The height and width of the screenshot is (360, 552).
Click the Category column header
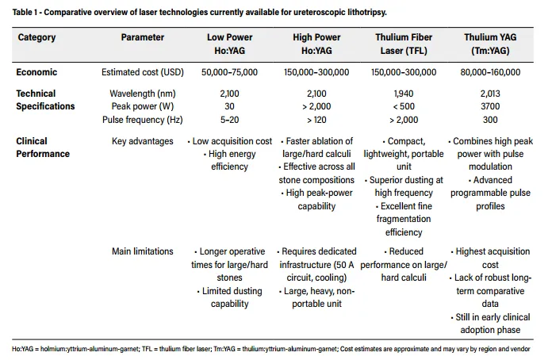[36, 37]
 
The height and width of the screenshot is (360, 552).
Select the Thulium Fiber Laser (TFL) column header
[404, 44]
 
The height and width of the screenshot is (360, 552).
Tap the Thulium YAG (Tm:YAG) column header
[490, 44]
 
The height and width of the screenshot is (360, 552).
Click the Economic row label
[36, 72]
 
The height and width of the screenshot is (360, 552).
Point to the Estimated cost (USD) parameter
[143, 72]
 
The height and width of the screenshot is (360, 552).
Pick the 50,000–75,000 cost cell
[229, 72]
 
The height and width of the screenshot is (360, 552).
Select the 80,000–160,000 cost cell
[490, 72]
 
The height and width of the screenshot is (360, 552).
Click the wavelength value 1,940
[404, 94]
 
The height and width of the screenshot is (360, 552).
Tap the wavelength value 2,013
[490, 94]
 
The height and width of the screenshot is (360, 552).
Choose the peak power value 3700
[490, 106]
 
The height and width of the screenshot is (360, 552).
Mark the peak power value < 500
[404, 106]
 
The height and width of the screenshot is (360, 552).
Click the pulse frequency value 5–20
[229, 120]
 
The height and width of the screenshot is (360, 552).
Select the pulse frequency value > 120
[316, 120]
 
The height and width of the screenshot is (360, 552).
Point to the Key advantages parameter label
[143, 141]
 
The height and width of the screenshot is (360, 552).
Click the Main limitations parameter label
[143, 251]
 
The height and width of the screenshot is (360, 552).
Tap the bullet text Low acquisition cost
[232, 141]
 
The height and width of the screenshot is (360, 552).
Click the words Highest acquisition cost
[493, 258]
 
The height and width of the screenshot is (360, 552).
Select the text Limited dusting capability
[231, 297]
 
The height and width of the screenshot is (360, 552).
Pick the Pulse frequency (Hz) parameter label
[143, 120]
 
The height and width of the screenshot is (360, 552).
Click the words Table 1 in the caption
[25, 13]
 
